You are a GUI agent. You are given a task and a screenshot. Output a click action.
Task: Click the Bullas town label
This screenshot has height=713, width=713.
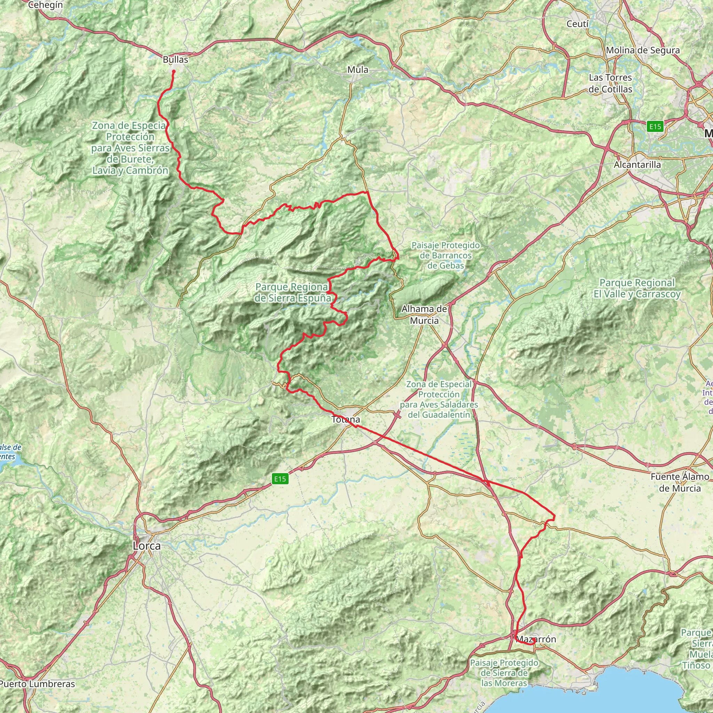(x=175, y=60)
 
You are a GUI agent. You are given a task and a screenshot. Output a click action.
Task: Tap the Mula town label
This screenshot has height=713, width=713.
(x=357, y=70)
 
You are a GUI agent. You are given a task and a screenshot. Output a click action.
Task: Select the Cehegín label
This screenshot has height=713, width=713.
(x=45, y=5)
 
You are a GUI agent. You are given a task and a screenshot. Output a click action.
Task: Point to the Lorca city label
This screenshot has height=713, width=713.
(x=147, y=546)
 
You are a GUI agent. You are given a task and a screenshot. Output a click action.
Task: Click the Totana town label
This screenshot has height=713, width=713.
(x=345, y=420)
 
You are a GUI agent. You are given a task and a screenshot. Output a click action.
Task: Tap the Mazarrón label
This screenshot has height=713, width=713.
(x=536, y=639)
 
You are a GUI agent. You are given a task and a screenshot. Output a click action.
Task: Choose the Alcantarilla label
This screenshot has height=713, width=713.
(x=637, y=165)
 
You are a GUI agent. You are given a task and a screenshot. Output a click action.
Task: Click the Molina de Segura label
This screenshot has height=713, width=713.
(x=643, y=50)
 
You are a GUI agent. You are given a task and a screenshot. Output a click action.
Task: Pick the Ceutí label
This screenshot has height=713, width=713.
(x=578, y=24)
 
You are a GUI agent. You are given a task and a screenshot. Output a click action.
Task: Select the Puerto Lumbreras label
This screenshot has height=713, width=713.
(x=37, y=684)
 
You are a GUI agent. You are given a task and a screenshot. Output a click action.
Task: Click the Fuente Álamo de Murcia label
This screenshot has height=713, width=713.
(x=680, y=482)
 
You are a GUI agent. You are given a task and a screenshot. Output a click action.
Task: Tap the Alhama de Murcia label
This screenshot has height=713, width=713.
(x=424, y=314)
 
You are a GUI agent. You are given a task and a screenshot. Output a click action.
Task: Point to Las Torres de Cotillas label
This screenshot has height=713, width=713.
(x=610, y=84)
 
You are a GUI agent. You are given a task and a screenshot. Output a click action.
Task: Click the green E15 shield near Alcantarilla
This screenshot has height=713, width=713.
(x=655, y=127)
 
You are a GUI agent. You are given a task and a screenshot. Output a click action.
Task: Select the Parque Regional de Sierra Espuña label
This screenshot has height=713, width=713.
(x=292, y=292)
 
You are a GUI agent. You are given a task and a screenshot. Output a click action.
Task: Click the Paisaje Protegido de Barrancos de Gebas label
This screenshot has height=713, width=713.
(x=445, y=256)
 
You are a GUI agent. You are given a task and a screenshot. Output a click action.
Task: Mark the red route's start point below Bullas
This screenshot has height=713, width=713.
(x=173, y=71)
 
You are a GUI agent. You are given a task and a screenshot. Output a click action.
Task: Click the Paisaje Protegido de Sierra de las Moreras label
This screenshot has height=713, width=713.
(x=504, y=673)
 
